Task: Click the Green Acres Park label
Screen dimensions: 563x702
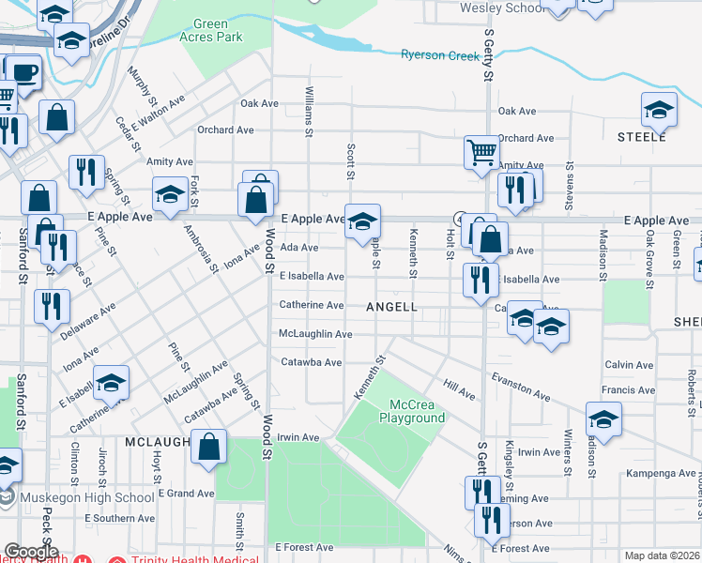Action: tap(217, 30)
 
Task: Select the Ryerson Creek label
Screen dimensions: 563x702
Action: tap(440, 55)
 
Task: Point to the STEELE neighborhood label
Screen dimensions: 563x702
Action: tap(641, 138)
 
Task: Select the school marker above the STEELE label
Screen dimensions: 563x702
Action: tap(659, 110)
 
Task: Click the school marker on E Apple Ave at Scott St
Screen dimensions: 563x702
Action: tap(362, 221)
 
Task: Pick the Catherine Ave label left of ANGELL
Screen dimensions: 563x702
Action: tap(311, 305)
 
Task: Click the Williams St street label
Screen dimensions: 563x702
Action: tap(309, 111)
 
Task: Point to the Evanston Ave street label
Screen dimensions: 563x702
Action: tap(520, 387)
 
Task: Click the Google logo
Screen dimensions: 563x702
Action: tap(31, 552)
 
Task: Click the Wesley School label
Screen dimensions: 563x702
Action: tap(500, 8)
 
